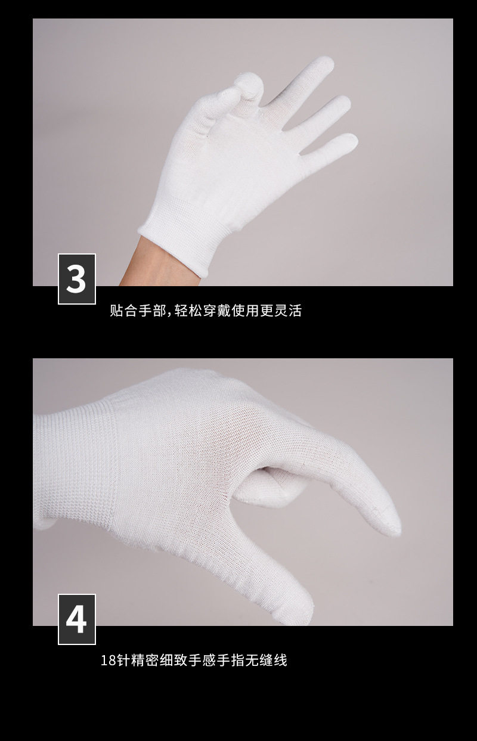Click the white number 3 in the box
coord(76,279)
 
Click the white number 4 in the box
coord(76,619)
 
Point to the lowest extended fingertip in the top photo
coord(349,141)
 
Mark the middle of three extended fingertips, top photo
coord(342,103)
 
